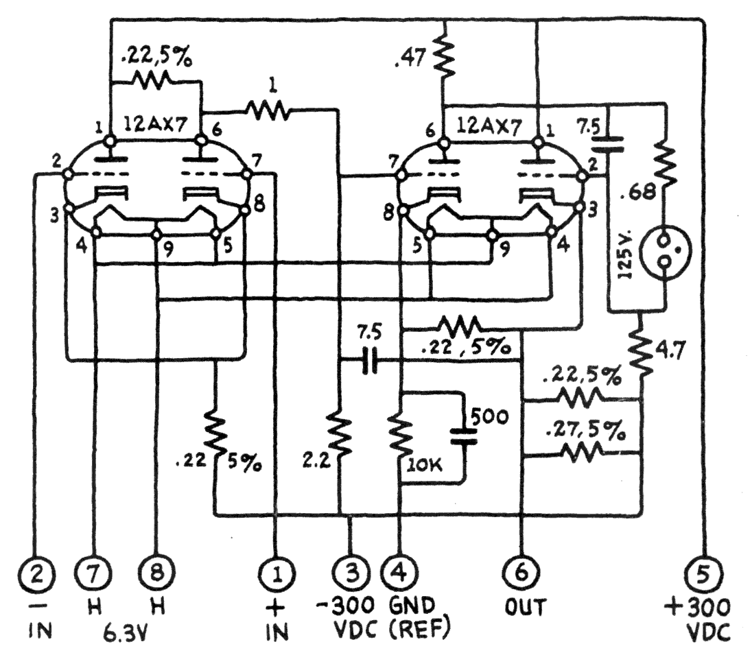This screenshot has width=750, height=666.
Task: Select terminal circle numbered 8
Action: point(157,569)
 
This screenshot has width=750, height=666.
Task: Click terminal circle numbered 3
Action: point(352,569)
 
